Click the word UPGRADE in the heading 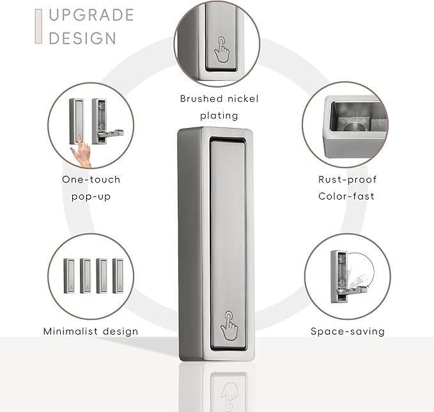[x=91, y=15]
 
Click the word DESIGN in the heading [x=82, y=38]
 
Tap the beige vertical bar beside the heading [x=38, y=26]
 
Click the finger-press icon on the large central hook [x=229, y=326]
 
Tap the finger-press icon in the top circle [x=222, y=49]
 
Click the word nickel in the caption [x=242, y=99]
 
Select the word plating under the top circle [x=219, y=116]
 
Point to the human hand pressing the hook [x=81, y=152]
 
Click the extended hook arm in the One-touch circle [x=111, y=134]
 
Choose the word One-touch [x=91, y=179]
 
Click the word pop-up [x=91, y=196]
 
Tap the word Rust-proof [x=347, y=180]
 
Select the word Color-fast [x=346, y=196]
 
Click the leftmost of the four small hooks [x=69, y=276]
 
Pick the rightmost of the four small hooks [x=118, y=276]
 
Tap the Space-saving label [x=348, y=331]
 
